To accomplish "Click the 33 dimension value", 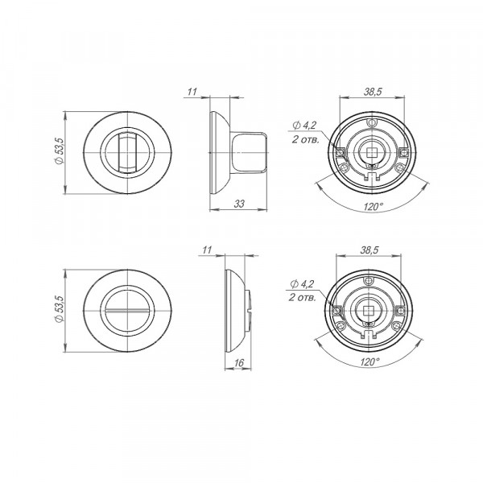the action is [x=239, y=204].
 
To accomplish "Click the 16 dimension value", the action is [x=239, y=363].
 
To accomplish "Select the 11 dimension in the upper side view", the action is [x=192, y=92].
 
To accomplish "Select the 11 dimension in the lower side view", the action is [x=208, y=250].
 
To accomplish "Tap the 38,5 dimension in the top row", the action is [x=373, y=92].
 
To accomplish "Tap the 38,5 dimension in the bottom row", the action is [x=369, y=250].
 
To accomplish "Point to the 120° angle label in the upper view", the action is [x=373, y=206].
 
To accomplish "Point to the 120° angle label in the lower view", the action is [x=369, y=361].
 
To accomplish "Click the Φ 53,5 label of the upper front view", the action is [x=59, y=151].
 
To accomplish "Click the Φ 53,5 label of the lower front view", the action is [x=59, y=309].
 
